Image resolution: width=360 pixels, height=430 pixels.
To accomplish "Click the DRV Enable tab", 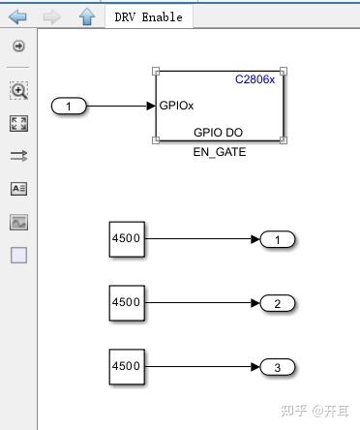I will [147, 16].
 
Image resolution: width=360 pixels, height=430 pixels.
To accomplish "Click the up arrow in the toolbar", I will [86, 16].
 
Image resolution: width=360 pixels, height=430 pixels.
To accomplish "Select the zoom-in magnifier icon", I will [18, 90].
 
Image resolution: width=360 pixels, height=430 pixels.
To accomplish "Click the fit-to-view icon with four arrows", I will [18, 123].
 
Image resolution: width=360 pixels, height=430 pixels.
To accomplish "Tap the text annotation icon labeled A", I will [18, 189].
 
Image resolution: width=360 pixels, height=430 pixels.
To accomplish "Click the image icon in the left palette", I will [18, 222].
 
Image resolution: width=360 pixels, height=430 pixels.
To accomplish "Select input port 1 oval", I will [69, 106].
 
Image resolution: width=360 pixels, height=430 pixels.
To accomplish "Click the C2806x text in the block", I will [255, 79].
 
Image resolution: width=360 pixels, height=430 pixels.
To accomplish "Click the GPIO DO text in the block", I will [219, 133].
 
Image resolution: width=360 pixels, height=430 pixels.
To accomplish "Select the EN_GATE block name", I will [220, 153].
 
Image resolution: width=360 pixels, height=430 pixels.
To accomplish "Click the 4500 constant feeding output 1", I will [127, 239].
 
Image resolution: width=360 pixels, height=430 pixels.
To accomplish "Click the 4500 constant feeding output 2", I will [127, 302].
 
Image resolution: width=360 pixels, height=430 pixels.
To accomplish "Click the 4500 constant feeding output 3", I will [127, 366].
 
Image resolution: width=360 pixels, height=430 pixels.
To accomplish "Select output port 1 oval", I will [278, 239].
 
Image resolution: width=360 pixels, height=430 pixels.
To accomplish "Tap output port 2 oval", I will [278, 303].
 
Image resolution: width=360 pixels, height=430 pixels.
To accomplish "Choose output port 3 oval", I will [278, 367].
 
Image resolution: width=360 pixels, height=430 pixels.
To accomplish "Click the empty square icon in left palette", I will [18, 256].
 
